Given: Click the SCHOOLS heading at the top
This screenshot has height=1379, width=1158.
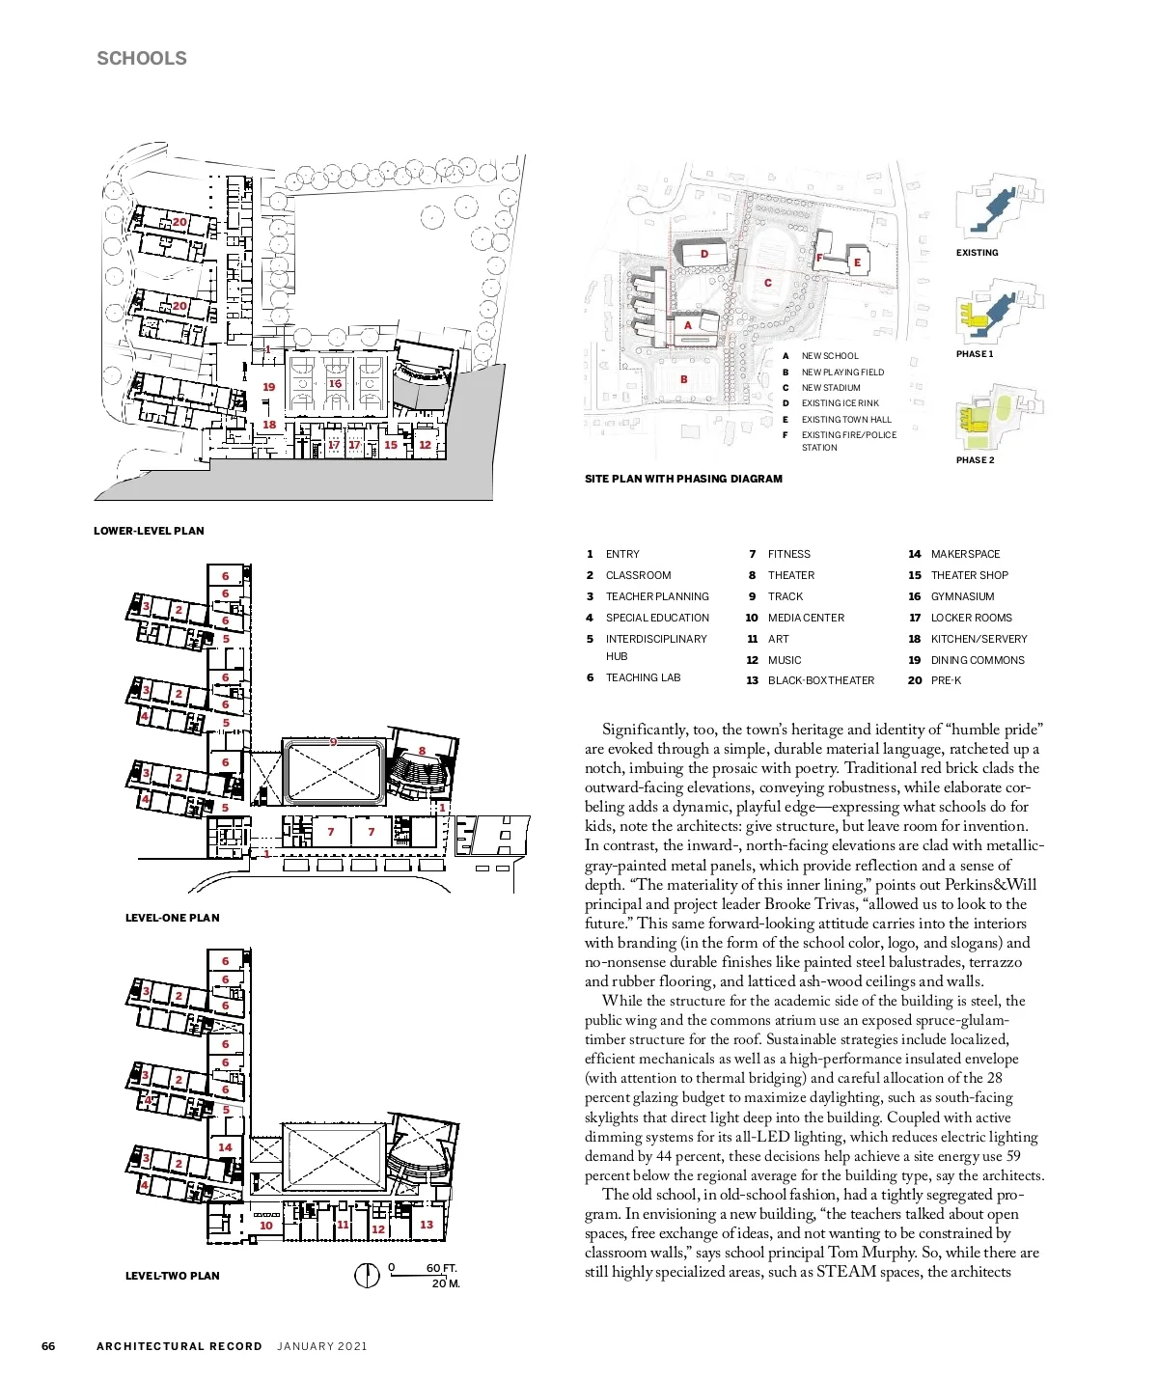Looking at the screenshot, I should (x=142, y=58).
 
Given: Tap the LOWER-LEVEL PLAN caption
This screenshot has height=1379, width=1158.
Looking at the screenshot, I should (x=149, y=531).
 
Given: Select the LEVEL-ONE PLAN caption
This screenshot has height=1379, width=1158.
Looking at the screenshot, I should (x=172, y=918).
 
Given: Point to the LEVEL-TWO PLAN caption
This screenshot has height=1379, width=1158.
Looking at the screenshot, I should (x=172, y=1276).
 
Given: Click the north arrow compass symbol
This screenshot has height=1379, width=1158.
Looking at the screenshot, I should (x=367, y=1276).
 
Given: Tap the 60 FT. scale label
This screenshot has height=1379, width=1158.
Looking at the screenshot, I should (x=441, y=1268).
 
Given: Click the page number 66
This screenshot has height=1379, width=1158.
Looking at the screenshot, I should (x=48, y=1346).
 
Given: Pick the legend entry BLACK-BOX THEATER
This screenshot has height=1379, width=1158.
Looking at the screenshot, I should (x=820, y=680).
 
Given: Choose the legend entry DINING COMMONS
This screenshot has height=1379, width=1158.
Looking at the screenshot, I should (x=978, y=660).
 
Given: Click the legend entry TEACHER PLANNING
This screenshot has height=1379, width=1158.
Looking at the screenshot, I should (x=656, y=596).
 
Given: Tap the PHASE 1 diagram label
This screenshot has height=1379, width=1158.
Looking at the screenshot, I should (x=975, y=354).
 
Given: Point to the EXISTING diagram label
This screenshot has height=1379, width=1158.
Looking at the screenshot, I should (x=977, y=253).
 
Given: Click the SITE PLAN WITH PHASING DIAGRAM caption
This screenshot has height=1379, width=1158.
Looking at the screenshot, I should (x=683, y=479).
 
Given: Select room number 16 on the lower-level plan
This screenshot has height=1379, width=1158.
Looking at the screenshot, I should (x=335, y=383).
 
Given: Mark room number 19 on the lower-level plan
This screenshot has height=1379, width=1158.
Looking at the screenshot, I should (x=269, y=387).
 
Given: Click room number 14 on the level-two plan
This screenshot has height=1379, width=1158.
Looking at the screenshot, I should (x=225, y=1147).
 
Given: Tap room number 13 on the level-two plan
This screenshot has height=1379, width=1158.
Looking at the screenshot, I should (x=426, y=1225).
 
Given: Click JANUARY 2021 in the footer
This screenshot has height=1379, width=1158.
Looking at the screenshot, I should (x=321, y=1346).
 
